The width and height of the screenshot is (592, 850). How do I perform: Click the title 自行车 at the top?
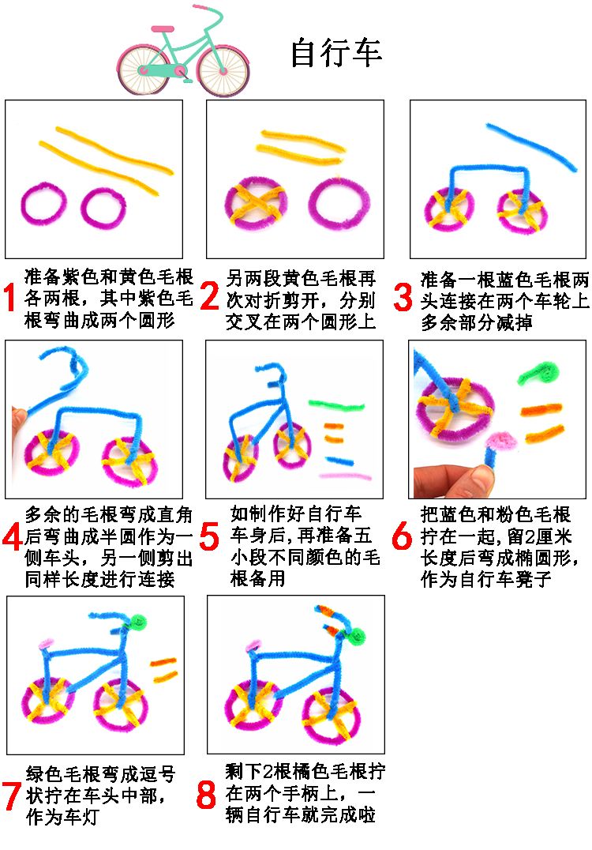[x=336, y=53]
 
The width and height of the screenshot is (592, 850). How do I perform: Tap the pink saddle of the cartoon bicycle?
[x=163, y=28]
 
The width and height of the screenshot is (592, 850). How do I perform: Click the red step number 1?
[x=9, y=298]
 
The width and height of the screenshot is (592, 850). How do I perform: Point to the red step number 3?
[x=403, y=298]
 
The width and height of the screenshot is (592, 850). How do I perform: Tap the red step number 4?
[x=12, y=538]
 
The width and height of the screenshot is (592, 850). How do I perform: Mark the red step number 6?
[x=402, y=536]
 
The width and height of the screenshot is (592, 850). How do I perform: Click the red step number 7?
[x=12, y=795]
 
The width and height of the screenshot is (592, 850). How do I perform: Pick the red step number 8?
[x=206, y=795]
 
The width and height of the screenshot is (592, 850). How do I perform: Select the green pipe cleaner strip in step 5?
[x=336, y=405]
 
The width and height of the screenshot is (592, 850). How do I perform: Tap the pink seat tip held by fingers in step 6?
[x=501, y=440]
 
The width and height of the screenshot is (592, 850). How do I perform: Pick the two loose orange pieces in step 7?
[x=163, y=669]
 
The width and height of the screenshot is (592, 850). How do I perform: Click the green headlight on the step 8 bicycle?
[x=357, y=635]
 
